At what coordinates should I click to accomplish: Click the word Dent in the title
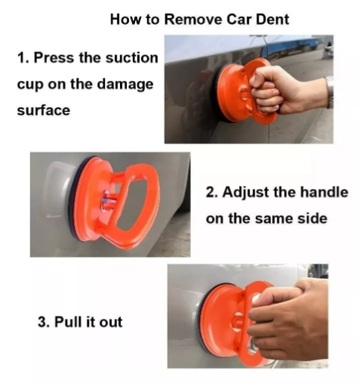pos(272,20)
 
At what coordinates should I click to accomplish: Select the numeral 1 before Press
pos(22,58)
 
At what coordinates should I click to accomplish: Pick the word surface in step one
pos(44,110)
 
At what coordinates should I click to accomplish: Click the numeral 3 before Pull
pos(42,322)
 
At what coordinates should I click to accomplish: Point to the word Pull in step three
pos(66,322)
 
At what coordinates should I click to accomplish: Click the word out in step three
pos(111,323)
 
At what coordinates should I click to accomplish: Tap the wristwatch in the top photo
pos(330,92)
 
